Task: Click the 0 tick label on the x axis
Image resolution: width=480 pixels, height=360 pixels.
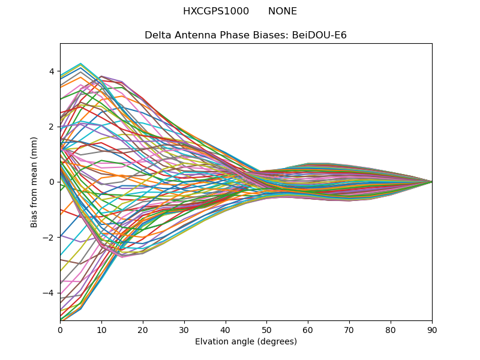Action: [x=60, y=329]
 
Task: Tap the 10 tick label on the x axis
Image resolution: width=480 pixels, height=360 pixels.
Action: [x=101, y=329]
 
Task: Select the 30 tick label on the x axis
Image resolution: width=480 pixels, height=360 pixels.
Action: [x=184, y=329]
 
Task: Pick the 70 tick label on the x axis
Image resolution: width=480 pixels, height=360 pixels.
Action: [x=349, y=329]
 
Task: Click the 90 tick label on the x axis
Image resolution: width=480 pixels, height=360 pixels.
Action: [x=432, y=329]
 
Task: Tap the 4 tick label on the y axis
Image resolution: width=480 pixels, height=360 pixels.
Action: [x=52, y=71]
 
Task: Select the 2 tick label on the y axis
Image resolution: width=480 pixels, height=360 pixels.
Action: [x=52, y=127]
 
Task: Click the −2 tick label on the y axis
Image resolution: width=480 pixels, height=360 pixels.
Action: [x=49, y=237]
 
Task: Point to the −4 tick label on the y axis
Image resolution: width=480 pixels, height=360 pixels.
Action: [x=49, y=293]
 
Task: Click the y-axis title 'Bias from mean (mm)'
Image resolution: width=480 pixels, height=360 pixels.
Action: [x=35, y=182]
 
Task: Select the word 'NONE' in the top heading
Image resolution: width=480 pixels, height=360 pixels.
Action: [x=283, y=11]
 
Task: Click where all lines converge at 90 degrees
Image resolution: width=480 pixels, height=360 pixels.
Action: [x=432, y=182]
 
